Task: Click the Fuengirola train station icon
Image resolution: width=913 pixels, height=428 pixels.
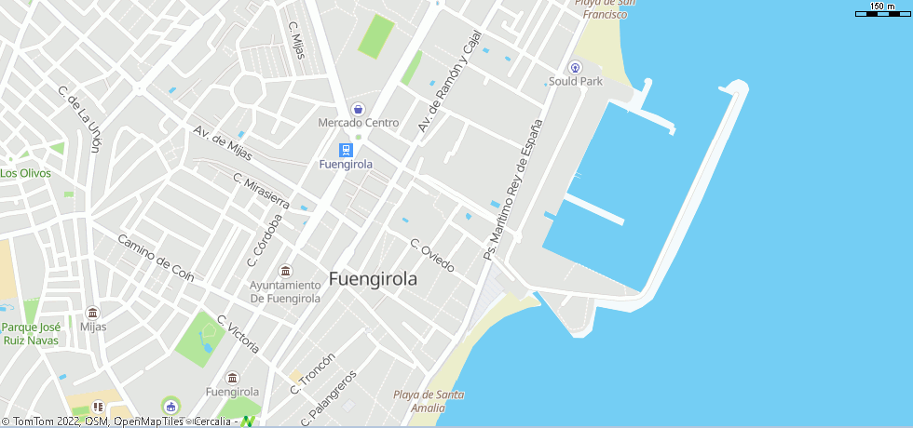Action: pos(346,149)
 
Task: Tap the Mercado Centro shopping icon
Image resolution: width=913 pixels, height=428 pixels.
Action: pos(358,109)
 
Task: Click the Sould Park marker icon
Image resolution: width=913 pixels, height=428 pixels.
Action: pos(575,67)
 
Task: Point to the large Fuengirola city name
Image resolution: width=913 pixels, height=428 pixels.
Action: pos(373,279)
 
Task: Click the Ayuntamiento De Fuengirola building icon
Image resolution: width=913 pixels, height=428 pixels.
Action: pos(285,271)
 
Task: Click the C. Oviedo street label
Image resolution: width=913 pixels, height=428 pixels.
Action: pos(432,256)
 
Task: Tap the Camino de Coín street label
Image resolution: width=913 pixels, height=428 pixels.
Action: pos(156,258)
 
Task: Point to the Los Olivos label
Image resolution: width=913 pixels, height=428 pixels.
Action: pos(26,173)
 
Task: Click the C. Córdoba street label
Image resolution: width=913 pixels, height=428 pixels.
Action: pos(265,240)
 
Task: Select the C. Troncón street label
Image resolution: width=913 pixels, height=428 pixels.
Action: pos(312,374)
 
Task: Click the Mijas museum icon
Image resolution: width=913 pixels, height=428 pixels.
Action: pos(92,313)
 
